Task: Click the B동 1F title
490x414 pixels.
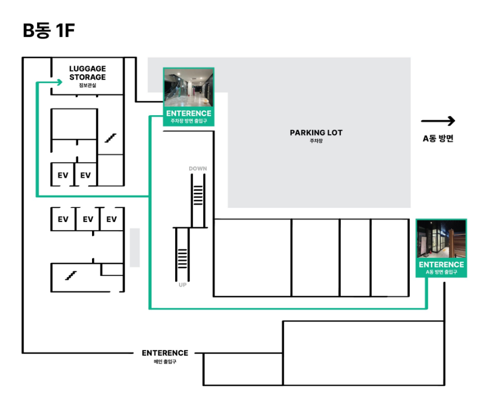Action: tap(49, 30)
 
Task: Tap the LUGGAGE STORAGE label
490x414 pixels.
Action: tap(88, 73)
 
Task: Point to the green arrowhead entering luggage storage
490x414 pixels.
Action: tap(59, 82)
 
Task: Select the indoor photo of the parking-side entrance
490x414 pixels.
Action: tap(189, 88)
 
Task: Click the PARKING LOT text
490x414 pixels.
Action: tap(316, 133)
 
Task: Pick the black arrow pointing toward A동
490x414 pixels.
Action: tap(438, 121)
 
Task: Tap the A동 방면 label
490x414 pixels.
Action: tap(438, 138)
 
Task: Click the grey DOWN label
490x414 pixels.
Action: tap(198, 169)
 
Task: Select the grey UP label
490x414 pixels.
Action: tap(182, 285)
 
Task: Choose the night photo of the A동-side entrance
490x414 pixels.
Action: tap(441, 239)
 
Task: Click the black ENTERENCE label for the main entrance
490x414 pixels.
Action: tap(165, 353)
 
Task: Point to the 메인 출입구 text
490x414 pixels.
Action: tap(165, 362)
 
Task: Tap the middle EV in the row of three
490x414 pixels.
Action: tap(88, 220)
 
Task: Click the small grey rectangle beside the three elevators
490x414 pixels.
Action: tap(135, 248)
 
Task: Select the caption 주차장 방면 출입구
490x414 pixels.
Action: tap(189, 121)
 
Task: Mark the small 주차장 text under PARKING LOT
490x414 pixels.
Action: tap(316, 141)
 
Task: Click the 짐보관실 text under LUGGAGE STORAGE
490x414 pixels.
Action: tap(88, 85)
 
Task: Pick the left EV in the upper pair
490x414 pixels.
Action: tap(63, 175)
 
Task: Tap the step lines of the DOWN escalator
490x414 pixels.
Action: tap(198, 195)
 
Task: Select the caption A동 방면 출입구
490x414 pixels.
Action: tap(441, 272)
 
